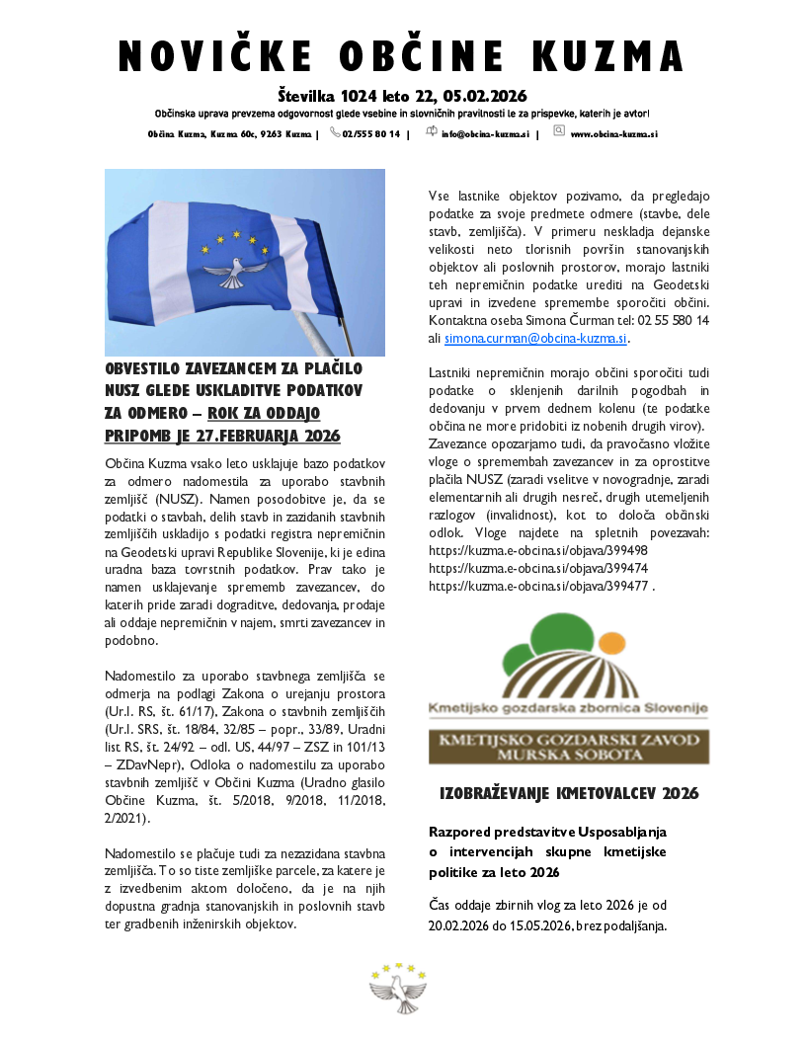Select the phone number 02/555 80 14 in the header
370,133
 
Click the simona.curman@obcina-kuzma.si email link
535,338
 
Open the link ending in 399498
538,550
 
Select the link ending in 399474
538,568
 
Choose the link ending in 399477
538,586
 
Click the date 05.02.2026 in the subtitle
484,97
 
